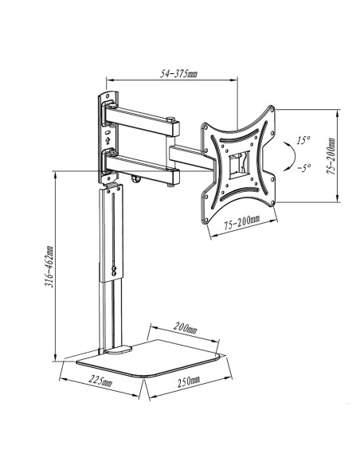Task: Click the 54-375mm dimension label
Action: tap(178, 73)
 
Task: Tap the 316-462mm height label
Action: tap(49, 266)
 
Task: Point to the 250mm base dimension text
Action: tap(189, 381)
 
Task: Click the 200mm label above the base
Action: tap(186, 328)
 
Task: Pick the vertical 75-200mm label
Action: tap(331, 156)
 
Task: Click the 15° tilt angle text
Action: tap(304, 140)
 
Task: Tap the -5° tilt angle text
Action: tap(304, 168)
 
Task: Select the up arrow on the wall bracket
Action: tap(108, 139)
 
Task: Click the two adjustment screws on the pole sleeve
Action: tap(114, 270)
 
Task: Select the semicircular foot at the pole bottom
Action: tap(119, 350)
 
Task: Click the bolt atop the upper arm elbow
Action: tap(170, 119)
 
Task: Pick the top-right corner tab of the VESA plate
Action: tap(270, 111)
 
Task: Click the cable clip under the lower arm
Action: tap(136, 180)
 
